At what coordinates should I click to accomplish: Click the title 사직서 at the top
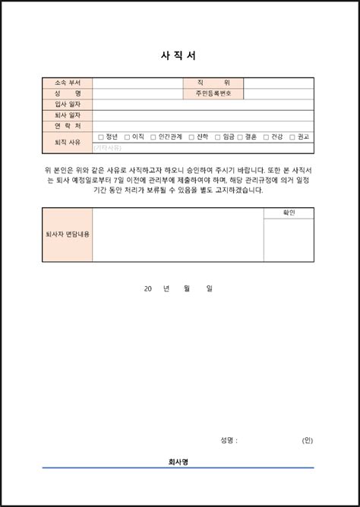point(180,55)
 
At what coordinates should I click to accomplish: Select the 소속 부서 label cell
point(68,83)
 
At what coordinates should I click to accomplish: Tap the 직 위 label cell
point(213,83)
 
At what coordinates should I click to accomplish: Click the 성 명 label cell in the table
point(68,93)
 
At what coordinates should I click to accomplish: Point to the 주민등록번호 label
point(213,93)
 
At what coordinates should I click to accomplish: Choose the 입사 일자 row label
point(68,104)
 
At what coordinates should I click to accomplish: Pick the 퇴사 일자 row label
point(68,115)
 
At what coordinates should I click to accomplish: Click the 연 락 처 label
point(68,125)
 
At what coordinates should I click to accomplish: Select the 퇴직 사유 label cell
point(68,142)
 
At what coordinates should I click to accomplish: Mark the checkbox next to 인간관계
point(153,137)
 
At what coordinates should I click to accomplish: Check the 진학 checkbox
point(191,137)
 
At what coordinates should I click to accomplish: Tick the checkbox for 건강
point(266,137)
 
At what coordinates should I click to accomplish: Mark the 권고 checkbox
point(293,137)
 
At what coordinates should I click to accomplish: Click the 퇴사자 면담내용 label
point(68,235)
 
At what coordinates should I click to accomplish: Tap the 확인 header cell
point(289,213)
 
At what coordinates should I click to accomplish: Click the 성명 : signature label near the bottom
point(229,440)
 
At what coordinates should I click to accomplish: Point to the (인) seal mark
point(307,440)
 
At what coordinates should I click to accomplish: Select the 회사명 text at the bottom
point(180,461)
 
